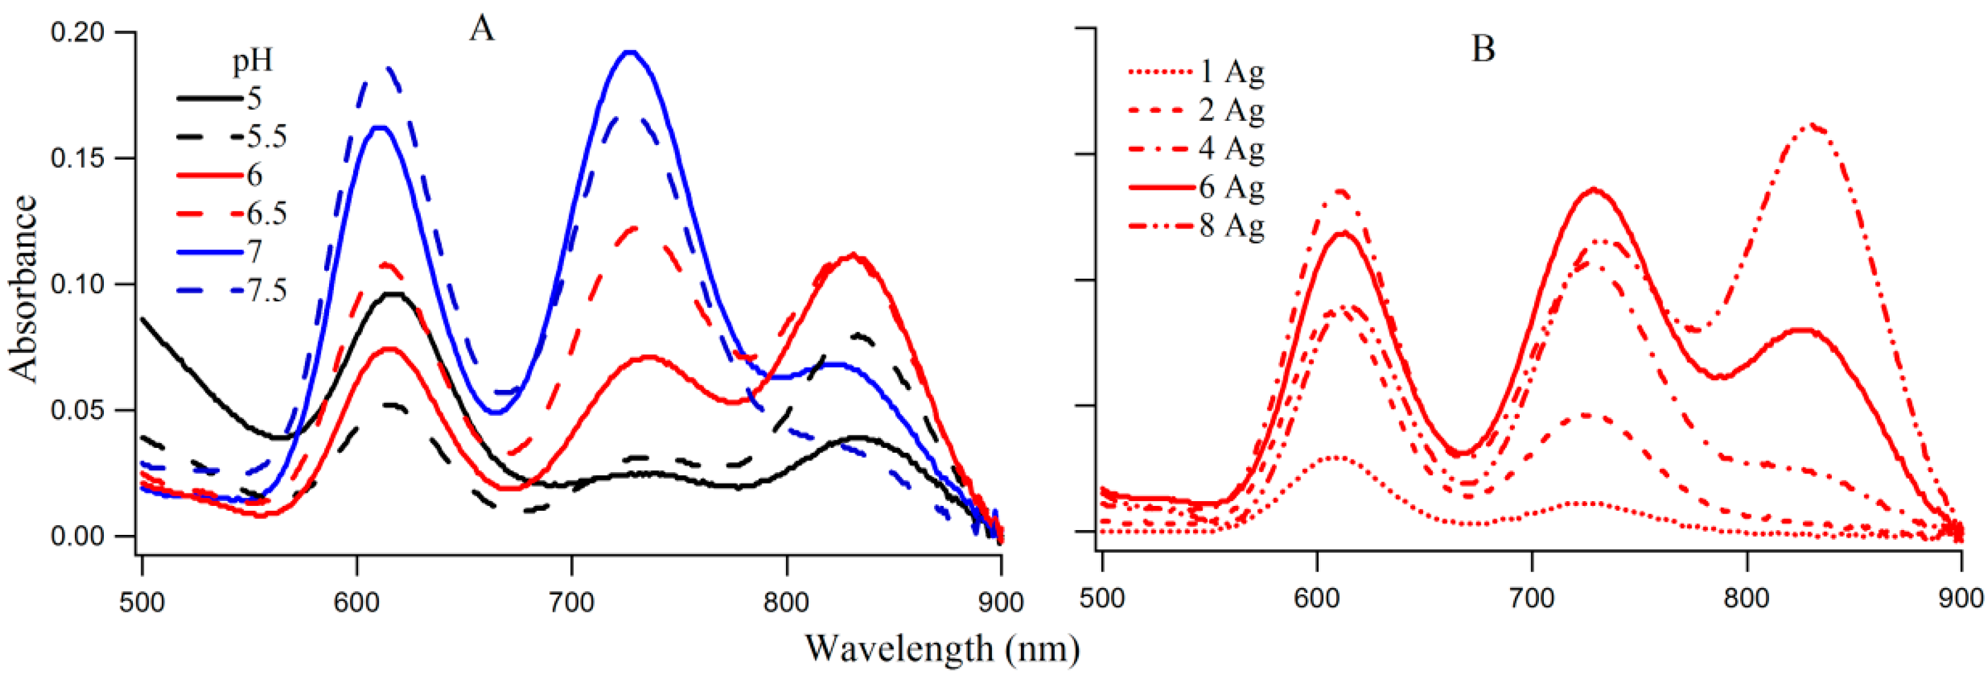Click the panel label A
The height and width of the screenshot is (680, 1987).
[x=481, y=30]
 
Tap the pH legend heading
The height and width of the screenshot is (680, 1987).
[x=253, y=62]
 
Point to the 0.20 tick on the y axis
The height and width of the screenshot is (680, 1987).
[x=77, y=33]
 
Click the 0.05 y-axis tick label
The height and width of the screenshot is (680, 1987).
[x=77, y=410]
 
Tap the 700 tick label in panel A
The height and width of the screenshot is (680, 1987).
[x=572, y=602]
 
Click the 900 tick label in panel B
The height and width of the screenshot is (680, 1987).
[x=1961, y=598]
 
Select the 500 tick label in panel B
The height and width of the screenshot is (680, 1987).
[x=1102, y=598]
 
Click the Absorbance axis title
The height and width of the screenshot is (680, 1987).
[x=23, y=288]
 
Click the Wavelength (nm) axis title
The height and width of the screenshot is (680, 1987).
[x=942, y=649]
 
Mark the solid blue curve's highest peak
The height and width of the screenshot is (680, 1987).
[x=631, y=53]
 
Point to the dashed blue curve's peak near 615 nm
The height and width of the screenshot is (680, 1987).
[x=389, y=67]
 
